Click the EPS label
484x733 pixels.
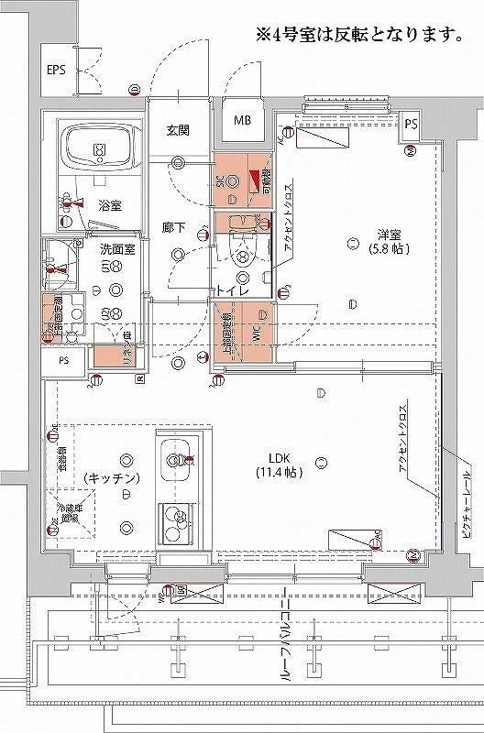tap(57, 70)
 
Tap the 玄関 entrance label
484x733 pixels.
tap(178, 130)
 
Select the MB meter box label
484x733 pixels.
tap(241, 120)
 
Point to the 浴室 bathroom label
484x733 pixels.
tap(110, 204)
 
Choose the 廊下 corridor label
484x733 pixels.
tap(175, 227)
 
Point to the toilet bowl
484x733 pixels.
tap(242, 254)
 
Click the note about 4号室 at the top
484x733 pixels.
tap(357, 37)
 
